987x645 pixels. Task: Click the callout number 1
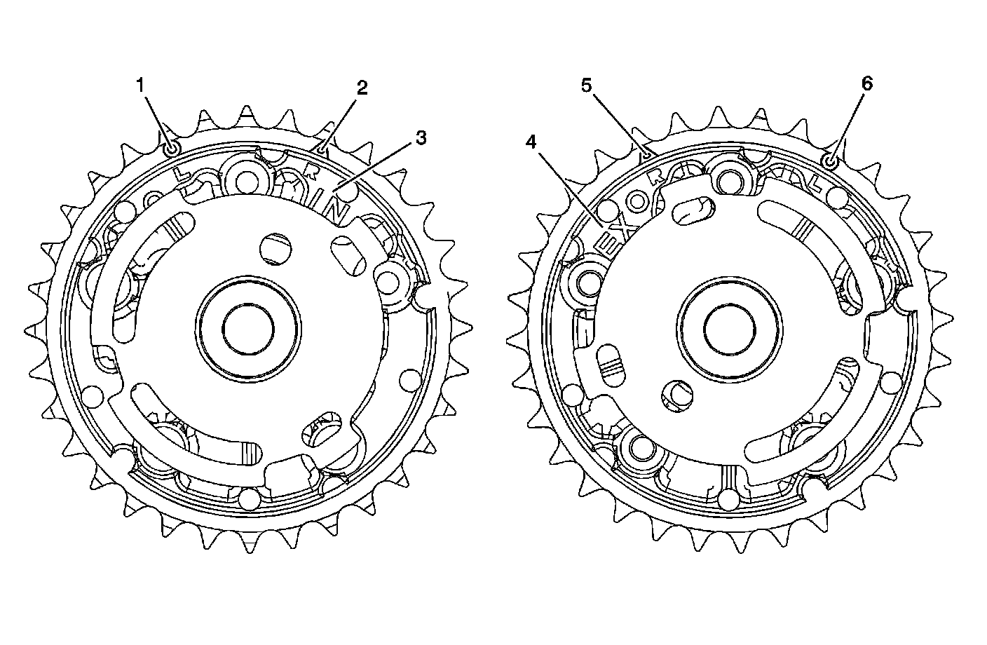[140, 86]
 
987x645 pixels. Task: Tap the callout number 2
[362, 88]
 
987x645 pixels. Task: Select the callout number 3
[421, 138]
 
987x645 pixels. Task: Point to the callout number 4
[531, 142]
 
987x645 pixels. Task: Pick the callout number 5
[586, 86]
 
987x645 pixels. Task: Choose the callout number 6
[866, 83]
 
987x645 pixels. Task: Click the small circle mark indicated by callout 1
[172, 150]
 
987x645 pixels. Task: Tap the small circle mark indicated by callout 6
[831, 162]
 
